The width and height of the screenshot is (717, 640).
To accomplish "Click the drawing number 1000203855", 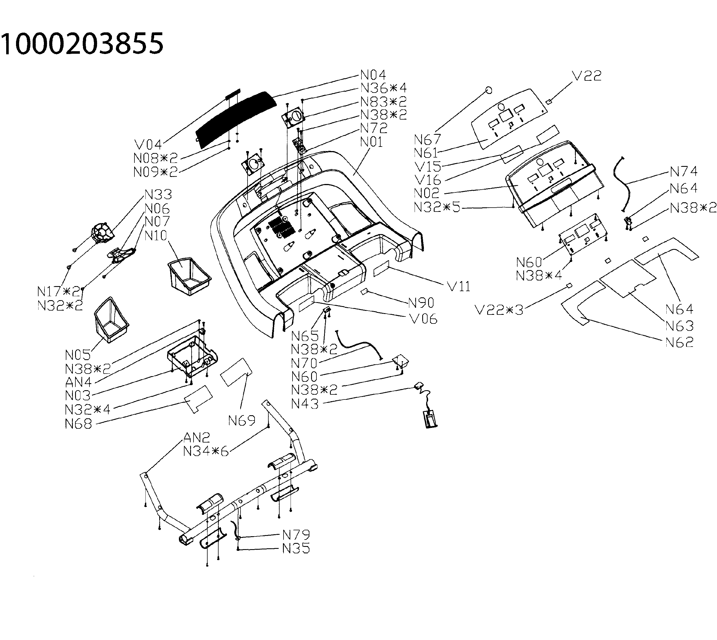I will pos(82,44).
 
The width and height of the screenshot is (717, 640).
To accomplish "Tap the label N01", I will pos(371,142).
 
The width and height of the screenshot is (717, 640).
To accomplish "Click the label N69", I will pos(242,421).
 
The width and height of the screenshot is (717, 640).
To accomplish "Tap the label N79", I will pos(296,535).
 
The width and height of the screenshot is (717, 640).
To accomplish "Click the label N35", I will pos(296,548).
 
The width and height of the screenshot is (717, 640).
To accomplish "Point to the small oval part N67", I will pos(488,90).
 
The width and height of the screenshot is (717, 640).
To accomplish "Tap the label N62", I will pos(679,342).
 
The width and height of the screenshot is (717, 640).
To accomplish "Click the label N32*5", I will pos(437,207).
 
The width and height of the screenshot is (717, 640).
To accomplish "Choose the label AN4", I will pos(78,382).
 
